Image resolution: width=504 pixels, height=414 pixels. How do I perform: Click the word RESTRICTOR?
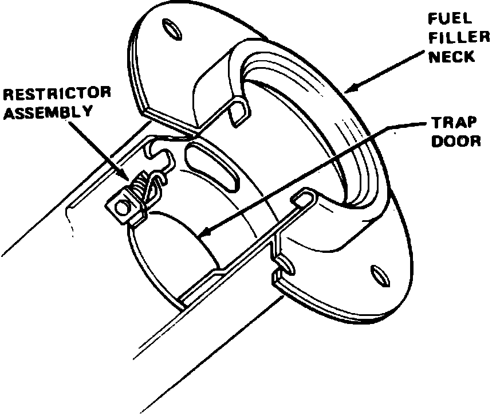56,92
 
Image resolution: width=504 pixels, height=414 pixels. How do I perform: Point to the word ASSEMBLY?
49,111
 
